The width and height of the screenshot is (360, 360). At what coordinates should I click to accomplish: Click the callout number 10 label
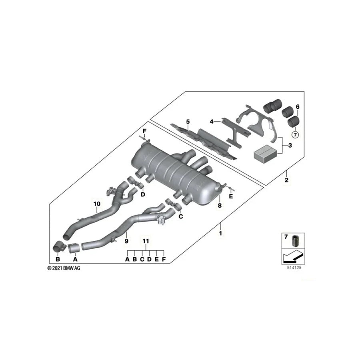(x=96, y=204)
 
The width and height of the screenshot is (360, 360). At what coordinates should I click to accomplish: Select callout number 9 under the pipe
(x=126, y=241)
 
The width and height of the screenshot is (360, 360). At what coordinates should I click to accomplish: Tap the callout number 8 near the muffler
(x=219, y=206)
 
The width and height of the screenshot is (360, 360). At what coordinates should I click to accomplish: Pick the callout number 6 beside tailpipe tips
(x=297, y=107)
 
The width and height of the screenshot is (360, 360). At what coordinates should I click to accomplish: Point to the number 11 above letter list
(x=146, y=241)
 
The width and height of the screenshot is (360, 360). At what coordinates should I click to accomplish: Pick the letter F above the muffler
(x=145, y=131)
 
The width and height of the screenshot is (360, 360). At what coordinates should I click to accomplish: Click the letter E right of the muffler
(x=231, y=197)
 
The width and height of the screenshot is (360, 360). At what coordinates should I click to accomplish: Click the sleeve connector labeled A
(x=74, y=248)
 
